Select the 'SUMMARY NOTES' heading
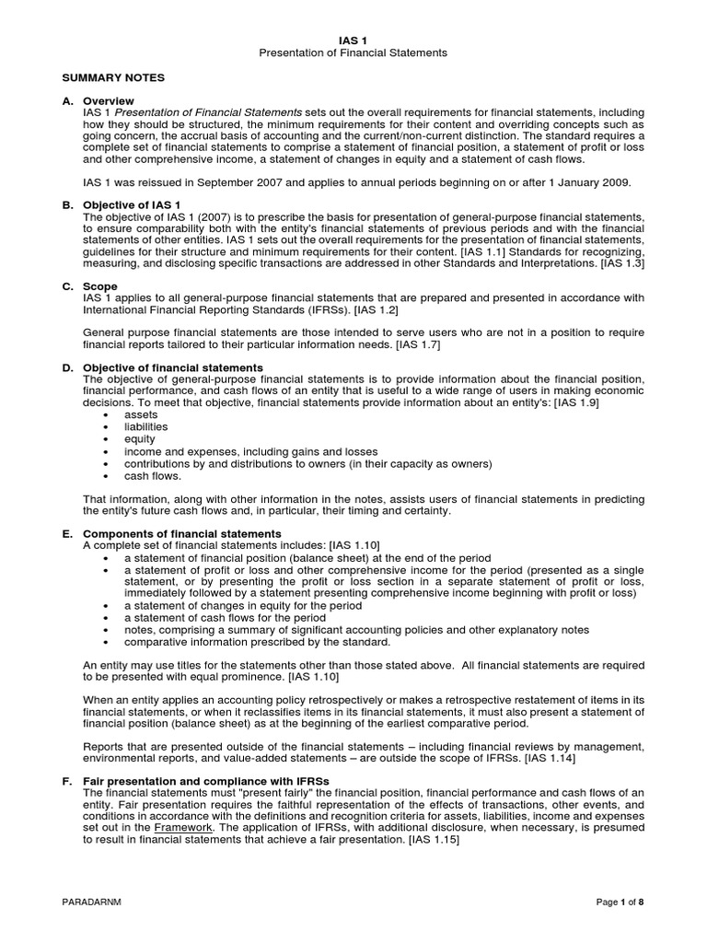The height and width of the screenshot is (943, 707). coord(113,78)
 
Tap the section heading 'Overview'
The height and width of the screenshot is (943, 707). coord(109,100)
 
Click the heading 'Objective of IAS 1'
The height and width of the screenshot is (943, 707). coord(132,204)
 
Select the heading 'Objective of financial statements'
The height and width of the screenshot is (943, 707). coord(166,368)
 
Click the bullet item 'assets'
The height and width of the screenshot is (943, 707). coord(140,416)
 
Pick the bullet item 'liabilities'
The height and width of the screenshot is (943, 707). coord(145,427)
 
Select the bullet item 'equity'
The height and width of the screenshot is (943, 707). coord(139,439)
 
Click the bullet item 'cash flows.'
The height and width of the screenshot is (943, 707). coord(153,476)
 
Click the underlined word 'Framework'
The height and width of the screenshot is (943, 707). coord(180,827)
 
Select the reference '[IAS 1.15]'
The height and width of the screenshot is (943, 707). coord(431,839)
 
